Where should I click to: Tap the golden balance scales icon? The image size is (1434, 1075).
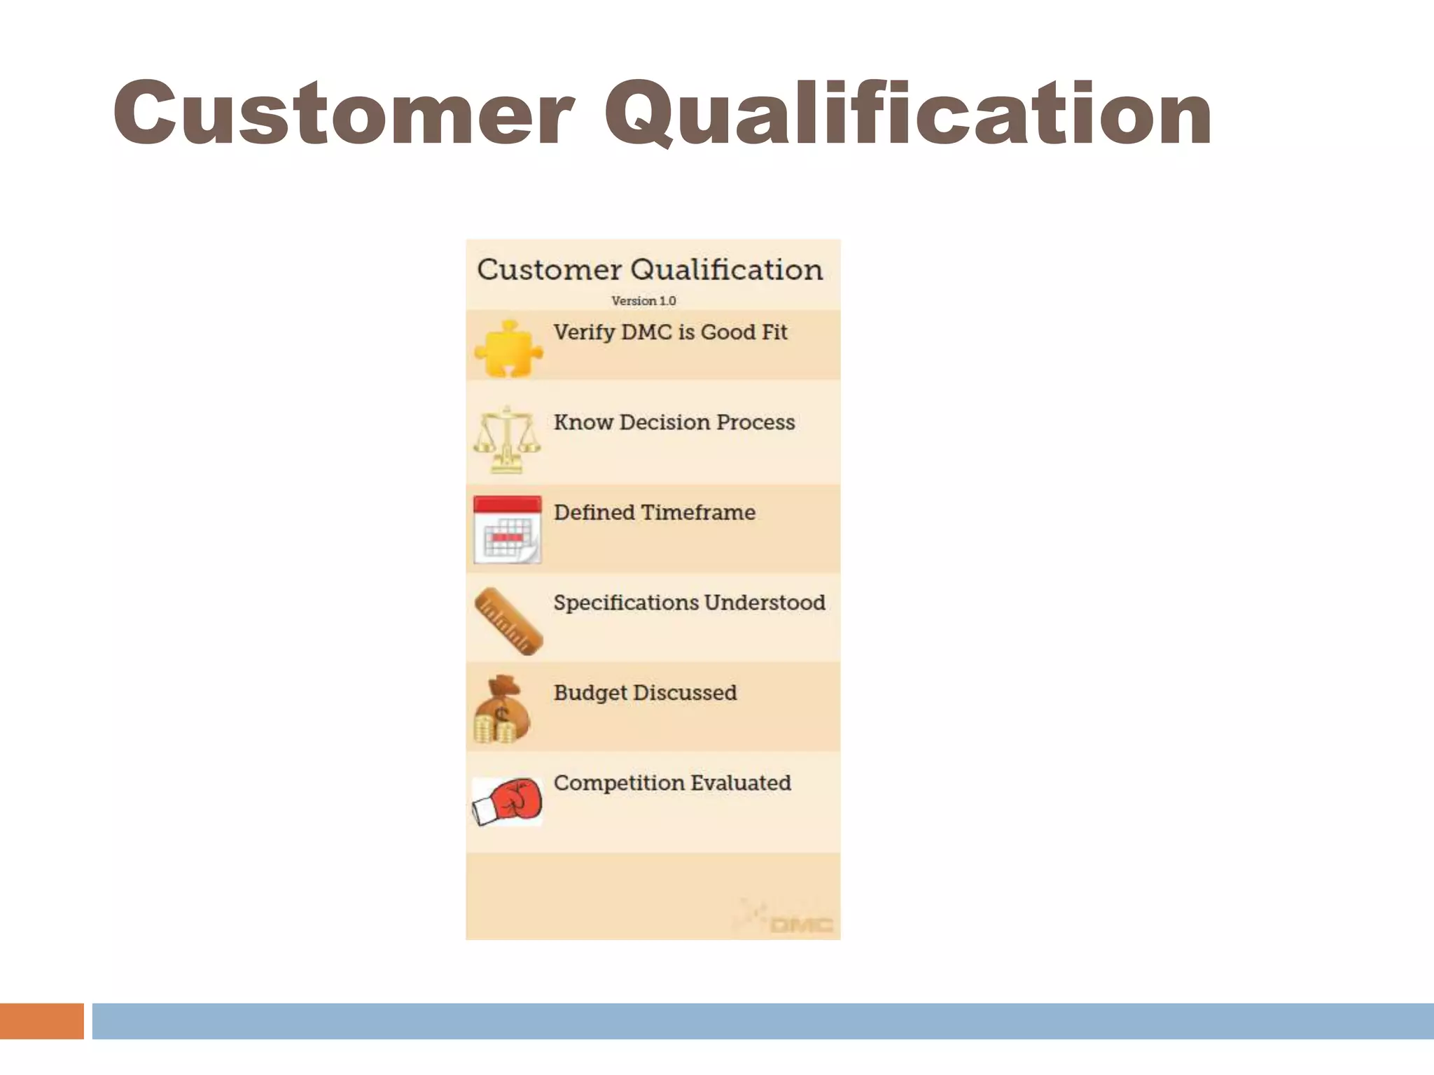[x=507, y=440]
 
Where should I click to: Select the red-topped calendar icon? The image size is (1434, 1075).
[x=507, y=529]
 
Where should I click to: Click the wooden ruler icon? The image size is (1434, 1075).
[x=508, y=621]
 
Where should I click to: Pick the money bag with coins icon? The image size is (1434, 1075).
[x=502, y=710]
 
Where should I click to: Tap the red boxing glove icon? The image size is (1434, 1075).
[x=508, y=801]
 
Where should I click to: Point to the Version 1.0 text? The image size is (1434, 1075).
[x=643, y=301]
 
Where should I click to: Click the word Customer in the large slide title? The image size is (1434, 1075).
[x=343, y=113]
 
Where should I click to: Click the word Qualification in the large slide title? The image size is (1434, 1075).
[x=908, y=113]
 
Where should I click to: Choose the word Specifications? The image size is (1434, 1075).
[x=626, y=603]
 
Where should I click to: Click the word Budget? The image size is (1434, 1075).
[x=590, y=694]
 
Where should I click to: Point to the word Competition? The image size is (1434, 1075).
[x=618, y=783]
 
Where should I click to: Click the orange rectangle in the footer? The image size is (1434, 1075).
[x=42, y=1021]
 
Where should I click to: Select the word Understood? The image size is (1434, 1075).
[x=765, y=603]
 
